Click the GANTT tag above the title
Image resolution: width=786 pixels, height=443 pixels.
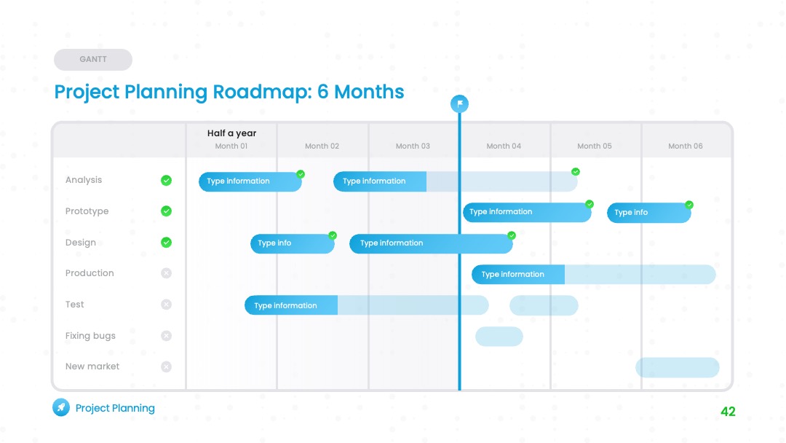click(x=92, y=59)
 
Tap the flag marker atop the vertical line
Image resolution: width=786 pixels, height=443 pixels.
click(x=459, y=104)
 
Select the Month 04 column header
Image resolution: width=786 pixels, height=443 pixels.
click(x=504, y=146)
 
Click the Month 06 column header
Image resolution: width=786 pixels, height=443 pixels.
click(x=686, y=146)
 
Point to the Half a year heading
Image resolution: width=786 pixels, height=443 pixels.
click(x=231, y=133)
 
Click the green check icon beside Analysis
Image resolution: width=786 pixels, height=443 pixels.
click(x=167, y=181)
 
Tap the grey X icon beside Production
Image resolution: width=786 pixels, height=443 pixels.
click(x=167, y=273)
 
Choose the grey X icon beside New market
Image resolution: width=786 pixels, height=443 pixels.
click(x=167, y=366)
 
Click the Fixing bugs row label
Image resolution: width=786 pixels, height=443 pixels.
click(x=90, y=336)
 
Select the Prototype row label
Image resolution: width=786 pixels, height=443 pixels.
click(x=87, y=211)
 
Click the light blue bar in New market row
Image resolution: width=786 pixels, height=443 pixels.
click(x=678, y=367)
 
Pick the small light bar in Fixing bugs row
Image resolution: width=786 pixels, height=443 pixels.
click(x=499, y=336)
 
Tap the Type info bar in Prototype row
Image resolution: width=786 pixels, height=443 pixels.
click(x=649, y=213)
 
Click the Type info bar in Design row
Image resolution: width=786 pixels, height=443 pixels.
click(x=293, y=244)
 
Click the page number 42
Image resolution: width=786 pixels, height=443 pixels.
click(x=728, y=412)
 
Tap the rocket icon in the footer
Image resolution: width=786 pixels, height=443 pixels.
click(x=61, y=407)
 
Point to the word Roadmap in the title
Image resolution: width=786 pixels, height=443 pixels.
click(x=262, y=92)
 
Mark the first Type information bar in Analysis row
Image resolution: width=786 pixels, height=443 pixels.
click(x=250, y=181)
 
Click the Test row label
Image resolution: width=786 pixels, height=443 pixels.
click(x=75, y=305)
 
